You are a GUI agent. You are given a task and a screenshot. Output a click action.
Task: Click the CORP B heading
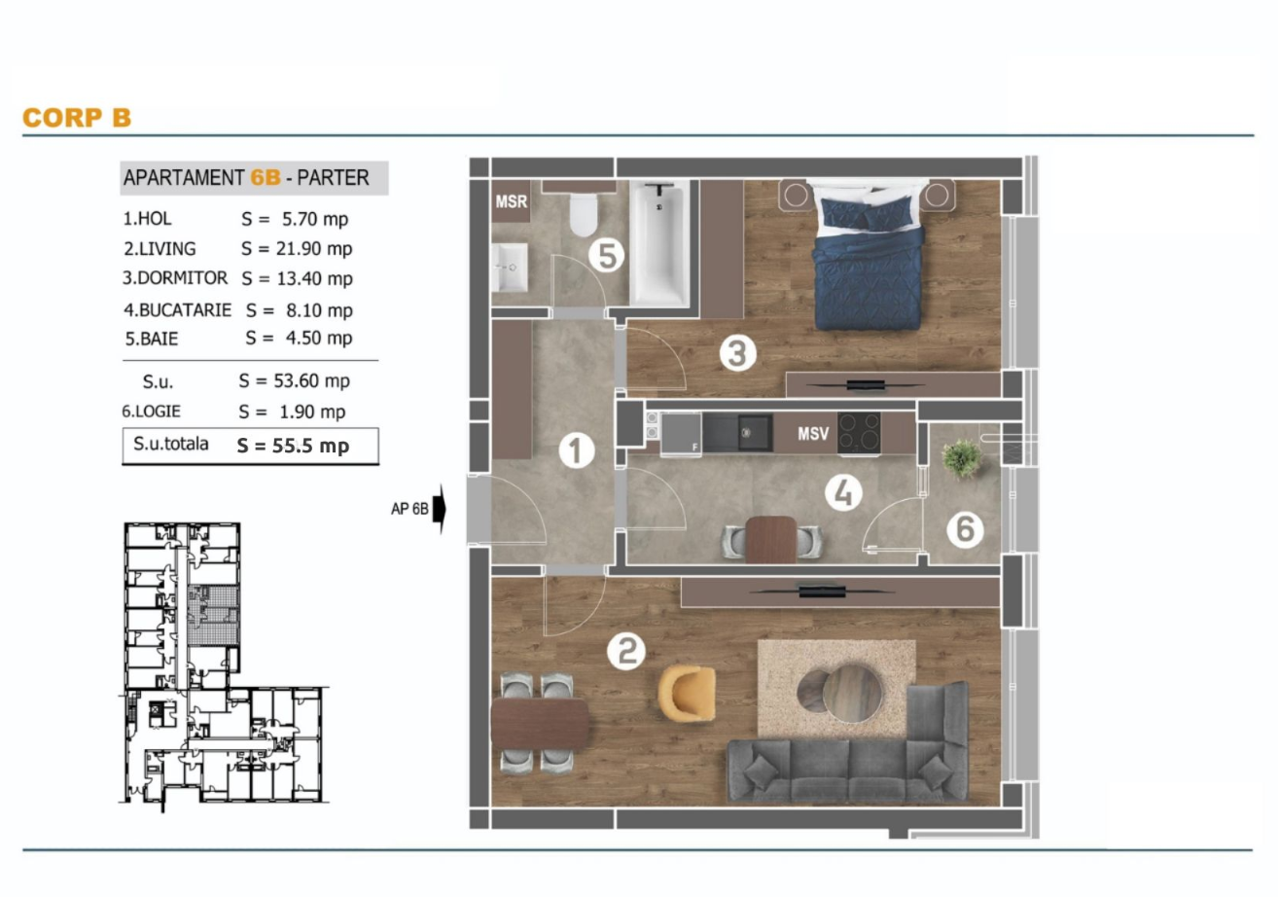[77, 118]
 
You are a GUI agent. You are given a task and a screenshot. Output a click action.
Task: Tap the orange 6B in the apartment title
[266, 177]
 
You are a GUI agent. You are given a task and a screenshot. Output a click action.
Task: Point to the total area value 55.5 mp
[310, 446]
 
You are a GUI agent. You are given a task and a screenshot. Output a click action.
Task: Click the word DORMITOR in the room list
[183, 278]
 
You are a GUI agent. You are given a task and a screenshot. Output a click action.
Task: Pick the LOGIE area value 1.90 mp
[312, 412]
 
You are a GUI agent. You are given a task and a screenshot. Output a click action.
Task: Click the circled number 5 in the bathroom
[607, 256]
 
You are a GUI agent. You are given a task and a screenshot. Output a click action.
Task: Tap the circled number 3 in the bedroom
[737, 353]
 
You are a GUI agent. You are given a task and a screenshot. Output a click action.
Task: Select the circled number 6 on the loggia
[965, 529]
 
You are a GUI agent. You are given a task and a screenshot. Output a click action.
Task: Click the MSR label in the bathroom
[512, 201]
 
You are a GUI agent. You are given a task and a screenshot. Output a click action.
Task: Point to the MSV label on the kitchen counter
[813, 434]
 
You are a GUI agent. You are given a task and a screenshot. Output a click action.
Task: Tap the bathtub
[659, 242]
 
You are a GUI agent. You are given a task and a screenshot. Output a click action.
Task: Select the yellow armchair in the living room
[687, 693]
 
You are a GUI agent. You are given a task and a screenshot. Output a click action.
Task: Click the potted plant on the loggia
[962, 458]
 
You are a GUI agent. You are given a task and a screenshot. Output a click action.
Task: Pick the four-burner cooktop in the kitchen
[859, 433]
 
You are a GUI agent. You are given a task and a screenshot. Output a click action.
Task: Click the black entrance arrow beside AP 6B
[440, 509]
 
